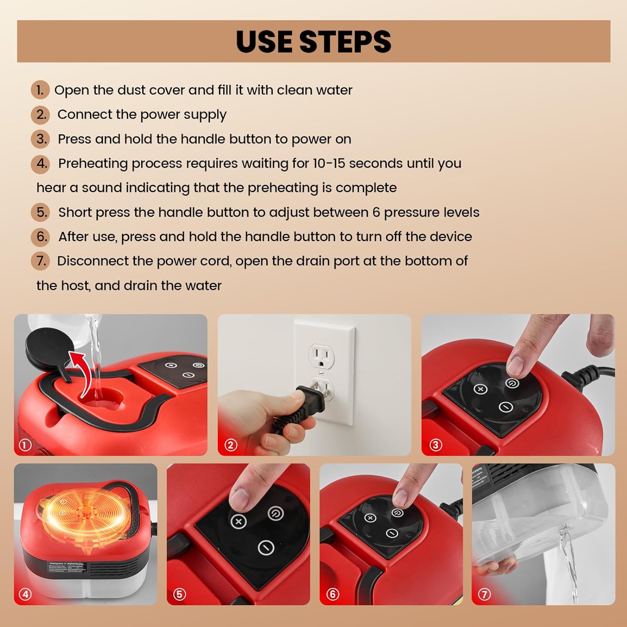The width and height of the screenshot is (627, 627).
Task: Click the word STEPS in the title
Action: (345, 42)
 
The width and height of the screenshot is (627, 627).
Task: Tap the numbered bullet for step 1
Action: (40, 90)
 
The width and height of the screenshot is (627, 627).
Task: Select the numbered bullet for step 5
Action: (41, 212)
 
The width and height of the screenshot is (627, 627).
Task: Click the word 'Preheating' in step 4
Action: (93, 163)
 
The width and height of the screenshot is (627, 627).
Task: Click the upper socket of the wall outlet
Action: (321, 356)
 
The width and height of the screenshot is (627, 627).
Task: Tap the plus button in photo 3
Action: (480, 389)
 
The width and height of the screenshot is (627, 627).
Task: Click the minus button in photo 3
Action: (506, 407)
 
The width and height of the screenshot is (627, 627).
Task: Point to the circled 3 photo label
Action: (436, 445)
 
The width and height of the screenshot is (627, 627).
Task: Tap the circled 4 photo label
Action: (25, 594)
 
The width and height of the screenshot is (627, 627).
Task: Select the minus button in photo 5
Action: (265, 547)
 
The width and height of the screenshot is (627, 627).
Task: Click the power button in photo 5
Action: (275, 513)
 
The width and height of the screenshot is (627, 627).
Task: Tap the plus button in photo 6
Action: (370, 518)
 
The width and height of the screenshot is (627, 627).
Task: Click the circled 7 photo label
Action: (484, 594)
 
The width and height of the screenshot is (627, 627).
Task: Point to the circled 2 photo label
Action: (231, 445)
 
